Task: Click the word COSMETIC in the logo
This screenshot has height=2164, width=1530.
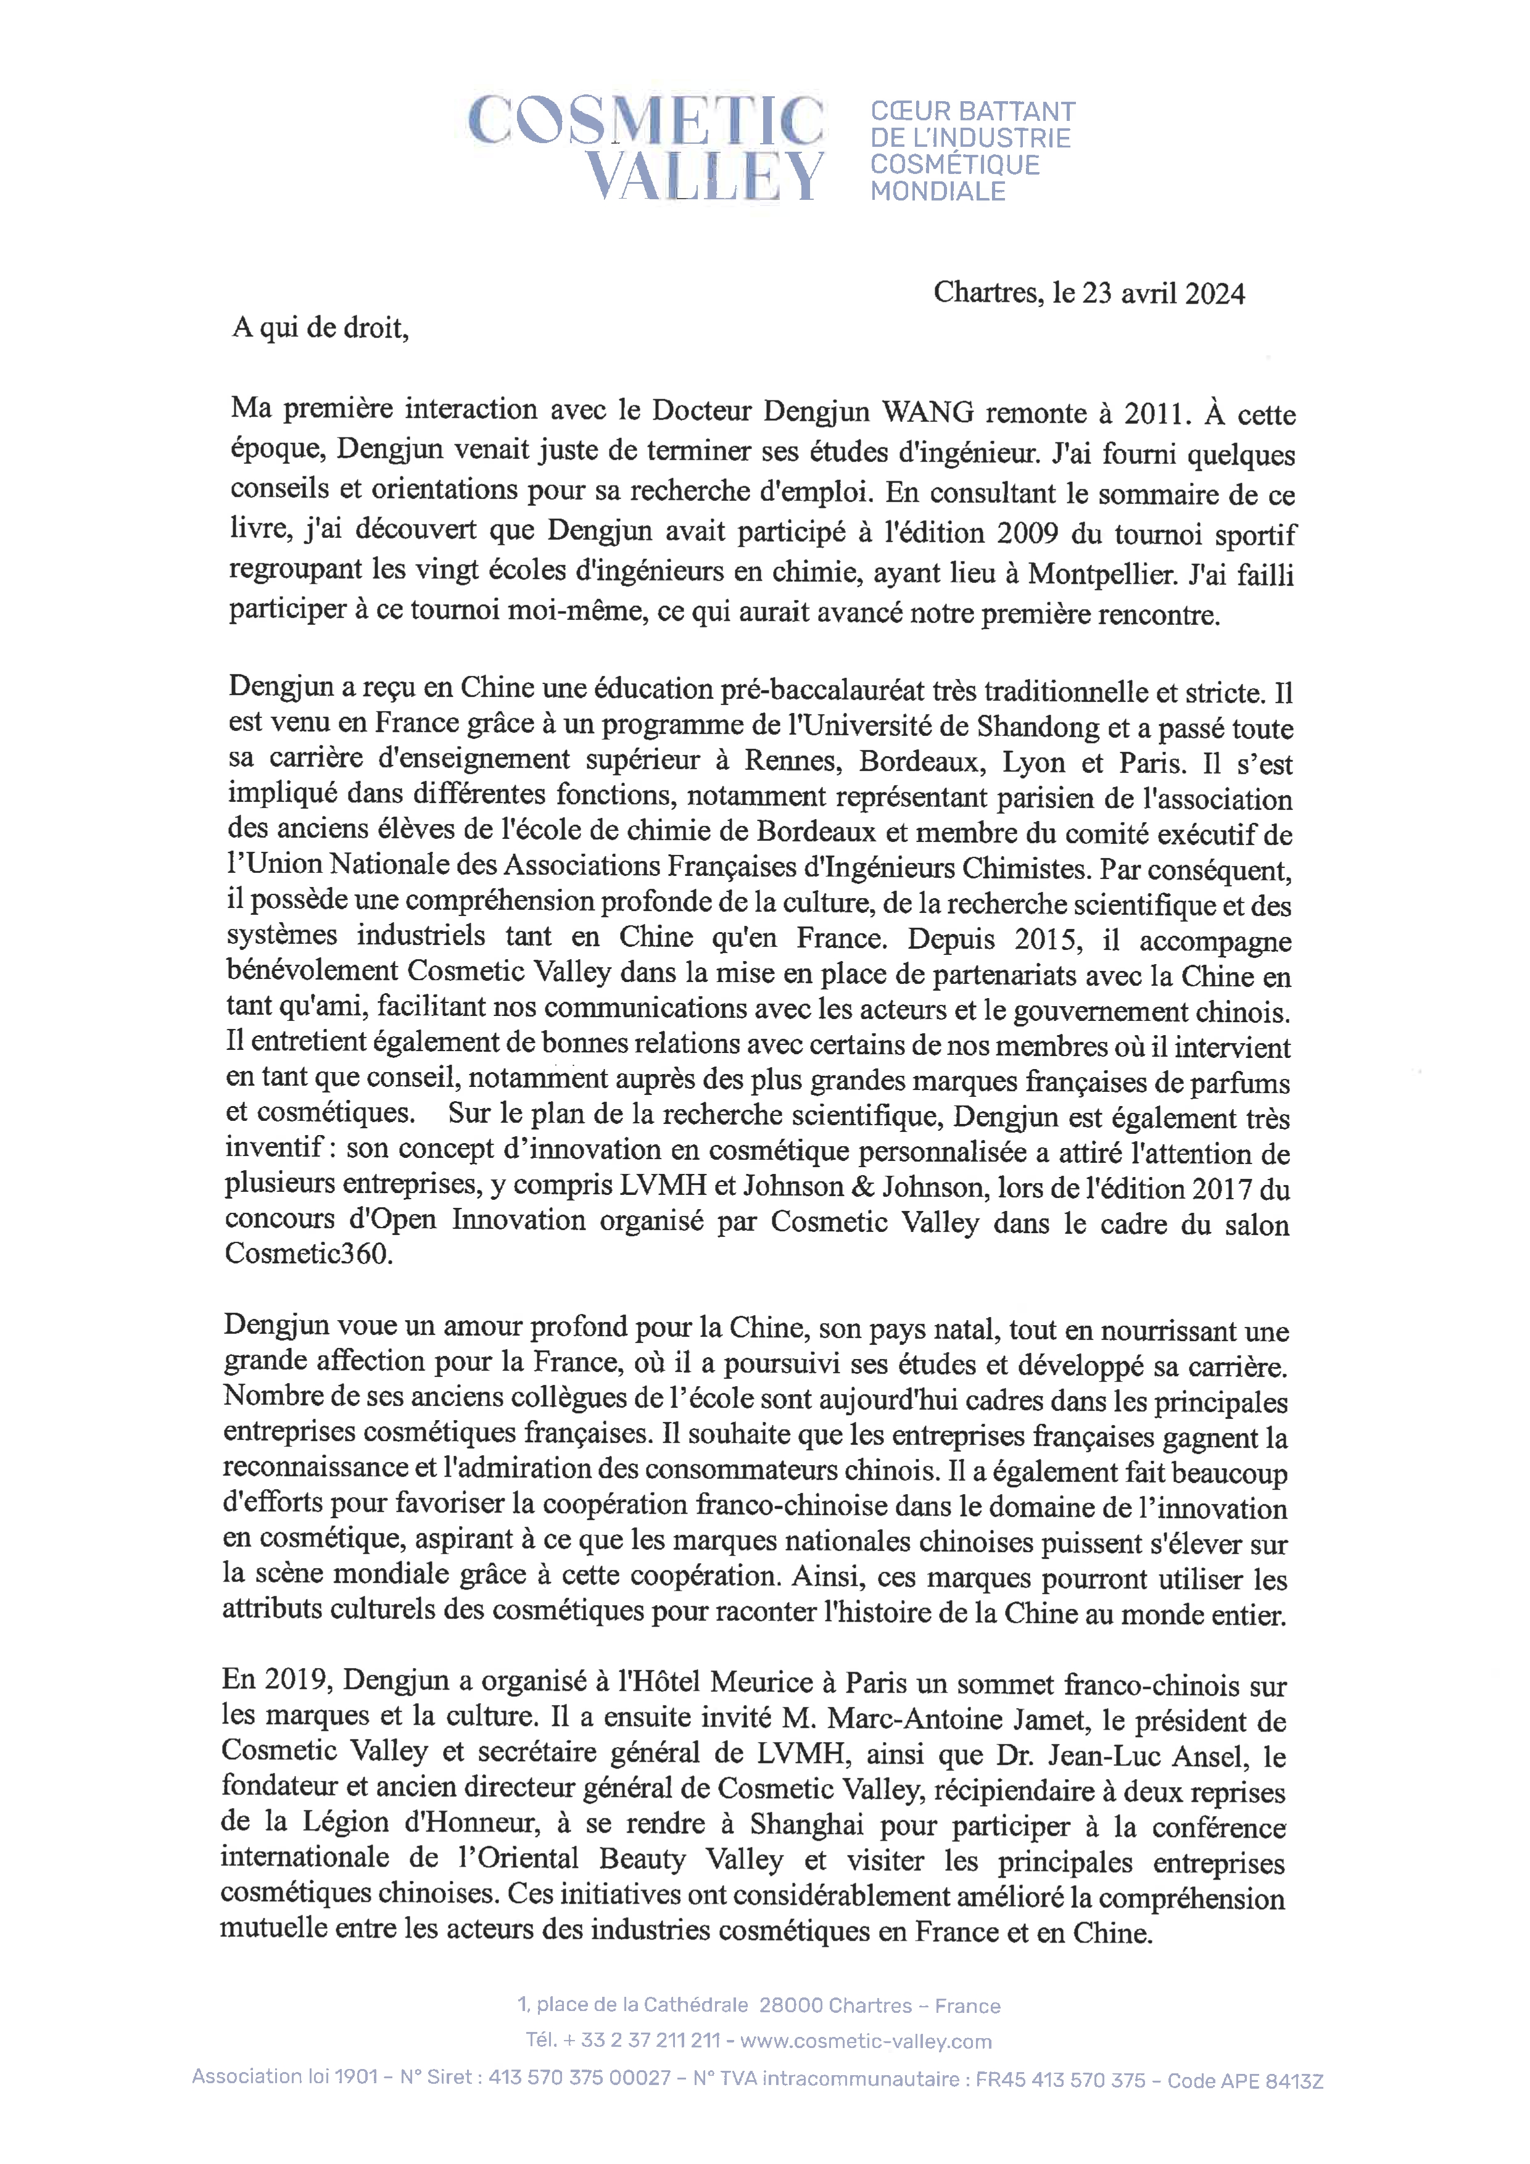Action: (646, 121)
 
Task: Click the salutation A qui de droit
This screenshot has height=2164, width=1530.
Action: (321, 328)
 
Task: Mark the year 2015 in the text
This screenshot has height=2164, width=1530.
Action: (1052, 940)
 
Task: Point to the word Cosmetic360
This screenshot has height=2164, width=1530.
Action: (308, 1255)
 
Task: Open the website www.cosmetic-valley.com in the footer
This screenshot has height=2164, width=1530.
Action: (866, 2041)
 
